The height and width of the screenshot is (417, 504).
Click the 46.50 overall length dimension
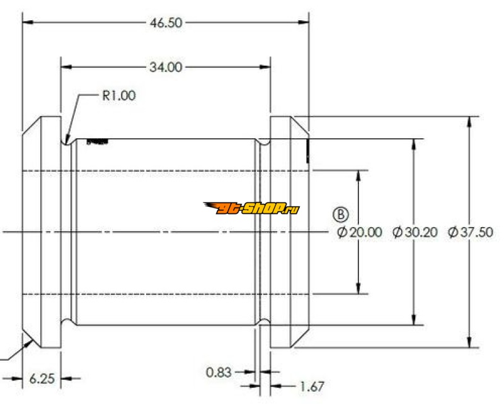pos(166,23)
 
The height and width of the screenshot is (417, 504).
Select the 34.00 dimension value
pos(166,67)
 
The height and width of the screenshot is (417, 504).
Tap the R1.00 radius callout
pos(118,96)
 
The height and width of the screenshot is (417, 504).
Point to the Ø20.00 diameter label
pos(360,232)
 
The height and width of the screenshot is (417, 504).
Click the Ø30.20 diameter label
pos(415,232)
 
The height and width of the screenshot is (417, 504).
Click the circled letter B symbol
pos(341,214)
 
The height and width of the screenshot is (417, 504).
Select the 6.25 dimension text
pos(42,379)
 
